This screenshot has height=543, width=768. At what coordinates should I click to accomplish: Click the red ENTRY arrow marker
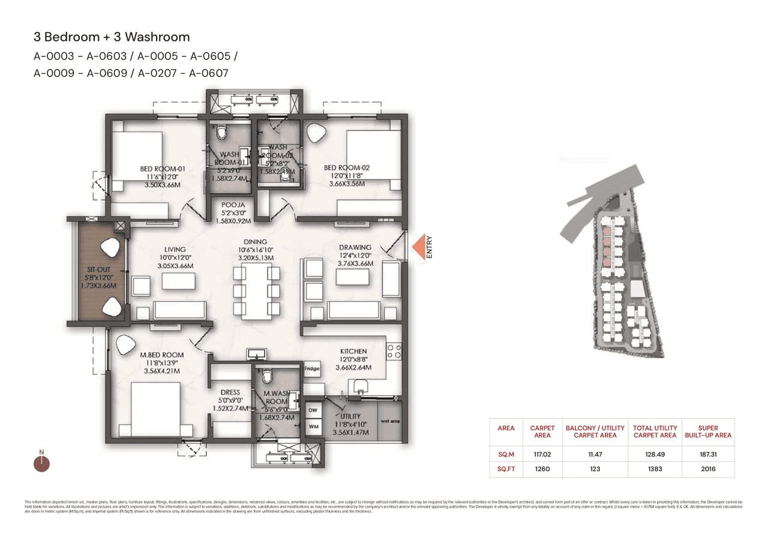pos(418,247)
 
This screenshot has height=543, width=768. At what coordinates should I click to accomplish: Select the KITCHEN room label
pos(353,351)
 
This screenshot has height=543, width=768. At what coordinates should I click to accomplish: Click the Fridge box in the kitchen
pos(311,368)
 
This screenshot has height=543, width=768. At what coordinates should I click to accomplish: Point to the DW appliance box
pos(312,410)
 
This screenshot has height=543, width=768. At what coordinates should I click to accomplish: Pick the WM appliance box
pos(312,426)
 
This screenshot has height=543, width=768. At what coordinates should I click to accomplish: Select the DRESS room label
pos(230,392)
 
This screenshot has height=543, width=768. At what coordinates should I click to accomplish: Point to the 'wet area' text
pos(390,421)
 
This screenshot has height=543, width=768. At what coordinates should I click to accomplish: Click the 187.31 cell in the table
pos(708,455)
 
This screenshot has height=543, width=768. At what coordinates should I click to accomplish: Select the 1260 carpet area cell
pos(542,469)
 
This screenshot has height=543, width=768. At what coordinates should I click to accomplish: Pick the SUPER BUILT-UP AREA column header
pos(708,431)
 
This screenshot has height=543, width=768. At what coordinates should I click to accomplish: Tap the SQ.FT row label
pos(506,469)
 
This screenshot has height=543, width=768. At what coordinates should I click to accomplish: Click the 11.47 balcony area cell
pos(595,455)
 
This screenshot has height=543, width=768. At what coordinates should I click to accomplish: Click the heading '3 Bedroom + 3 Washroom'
pos(112,38)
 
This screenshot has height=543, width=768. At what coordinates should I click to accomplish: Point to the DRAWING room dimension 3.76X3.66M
pos(355,263)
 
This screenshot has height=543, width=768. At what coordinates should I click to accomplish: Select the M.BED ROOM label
pos(162,355)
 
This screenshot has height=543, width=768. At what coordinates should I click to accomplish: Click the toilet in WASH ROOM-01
pos(221,131)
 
